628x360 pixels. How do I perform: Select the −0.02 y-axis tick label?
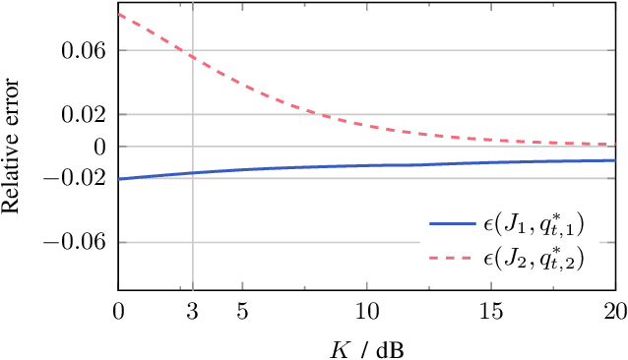[76, 178]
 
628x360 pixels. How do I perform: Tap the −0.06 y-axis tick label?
[76, 242]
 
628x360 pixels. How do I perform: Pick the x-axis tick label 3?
[192, 313]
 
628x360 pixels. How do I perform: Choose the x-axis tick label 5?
[242, 313]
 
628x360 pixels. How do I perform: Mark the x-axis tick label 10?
[366, 313]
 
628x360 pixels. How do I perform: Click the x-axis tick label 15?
[490, 313]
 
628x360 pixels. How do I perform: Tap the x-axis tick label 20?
[614, 313]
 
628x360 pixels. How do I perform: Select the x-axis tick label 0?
[118, 313]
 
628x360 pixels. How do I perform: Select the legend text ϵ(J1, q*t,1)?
[534, 226]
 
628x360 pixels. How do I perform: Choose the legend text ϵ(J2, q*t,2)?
[534, 260]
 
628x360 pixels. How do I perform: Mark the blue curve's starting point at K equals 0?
[119, 178]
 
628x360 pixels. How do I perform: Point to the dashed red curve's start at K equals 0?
[119, 15]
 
